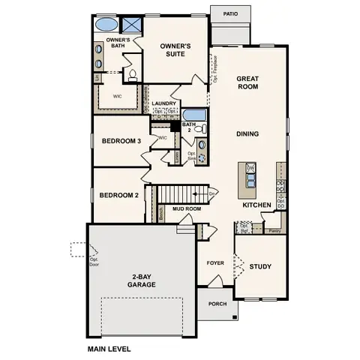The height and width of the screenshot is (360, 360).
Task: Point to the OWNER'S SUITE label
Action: click(175, 49)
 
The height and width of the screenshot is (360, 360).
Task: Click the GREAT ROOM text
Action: click(248, 82)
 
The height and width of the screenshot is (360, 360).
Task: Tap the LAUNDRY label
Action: click(163, 103)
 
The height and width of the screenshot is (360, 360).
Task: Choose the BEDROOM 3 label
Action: click(121, 141)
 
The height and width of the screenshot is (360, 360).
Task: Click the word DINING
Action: click(247, 134)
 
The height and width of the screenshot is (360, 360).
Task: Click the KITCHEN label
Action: click(256, 205)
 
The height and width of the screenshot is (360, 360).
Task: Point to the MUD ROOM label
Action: click(184, 210)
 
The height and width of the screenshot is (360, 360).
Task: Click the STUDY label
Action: click(260, 266)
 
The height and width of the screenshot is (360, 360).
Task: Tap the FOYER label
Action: click(216, 263)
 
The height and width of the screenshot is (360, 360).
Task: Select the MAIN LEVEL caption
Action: click(109, 349)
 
